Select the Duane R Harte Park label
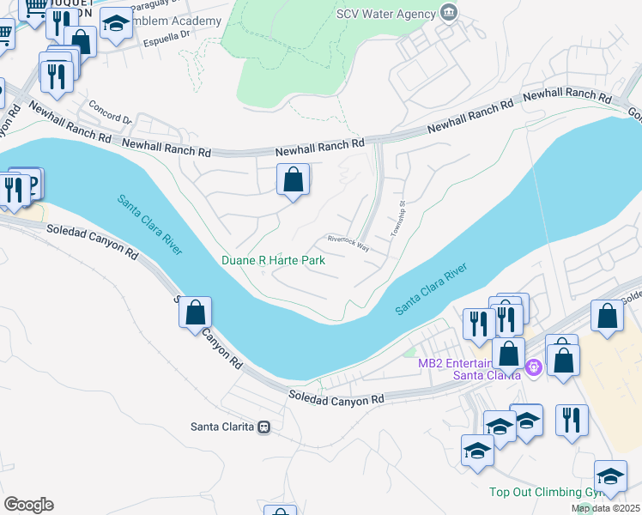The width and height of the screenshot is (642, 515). (273, 260)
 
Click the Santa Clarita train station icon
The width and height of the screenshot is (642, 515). (264, 426)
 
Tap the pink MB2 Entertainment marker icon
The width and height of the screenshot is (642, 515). (534, 367)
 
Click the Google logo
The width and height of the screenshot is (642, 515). (28, 505)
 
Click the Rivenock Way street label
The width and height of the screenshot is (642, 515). (348, 242)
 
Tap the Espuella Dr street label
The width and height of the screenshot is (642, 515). (166, 37)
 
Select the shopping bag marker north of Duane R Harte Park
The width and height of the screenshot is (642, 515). (293, 180)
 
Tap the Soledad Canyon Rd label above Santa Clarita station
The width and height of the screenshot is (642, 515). (336, 399)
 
